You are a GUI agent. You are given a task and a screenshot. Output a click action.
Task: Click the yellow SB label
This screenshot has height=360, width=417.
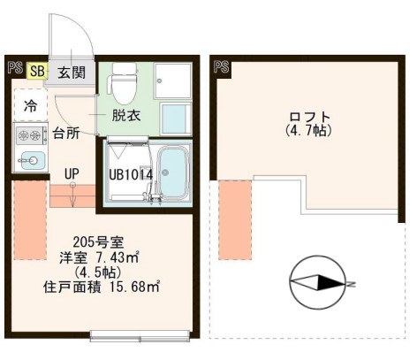[x=38, y=71]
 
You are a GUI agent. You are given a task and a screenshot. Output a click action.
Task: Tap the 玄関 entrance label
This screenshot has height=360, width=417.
[x=72, y=73]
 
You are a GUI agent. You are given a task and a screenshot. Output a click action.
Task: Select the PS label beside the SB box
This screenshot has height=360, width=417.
[x=16, y=67]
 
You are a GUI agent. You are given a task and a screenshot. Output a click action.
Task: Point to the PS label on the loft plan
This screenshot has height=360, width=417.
[x=220, y=66]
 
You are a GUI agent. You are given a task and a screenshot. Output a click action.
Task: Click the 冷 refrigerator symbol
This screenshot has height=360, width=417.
[x=30, y=105]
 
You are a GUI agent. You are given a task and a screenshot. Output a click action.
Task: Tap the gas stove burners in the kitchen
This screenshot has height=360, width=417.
[x=30, y=135]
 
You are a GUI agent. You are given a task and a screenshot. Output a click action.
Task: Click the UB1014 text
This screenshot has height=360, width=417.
[x=131, y=174]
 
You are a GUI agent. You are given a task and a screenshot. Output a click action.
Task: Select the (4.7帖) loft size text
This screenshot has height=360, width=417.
[x=309, y=132]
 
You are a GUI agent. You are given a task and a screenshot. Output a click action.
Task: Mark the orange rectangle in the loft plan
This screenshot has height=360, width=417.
[x=234, y=207]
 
